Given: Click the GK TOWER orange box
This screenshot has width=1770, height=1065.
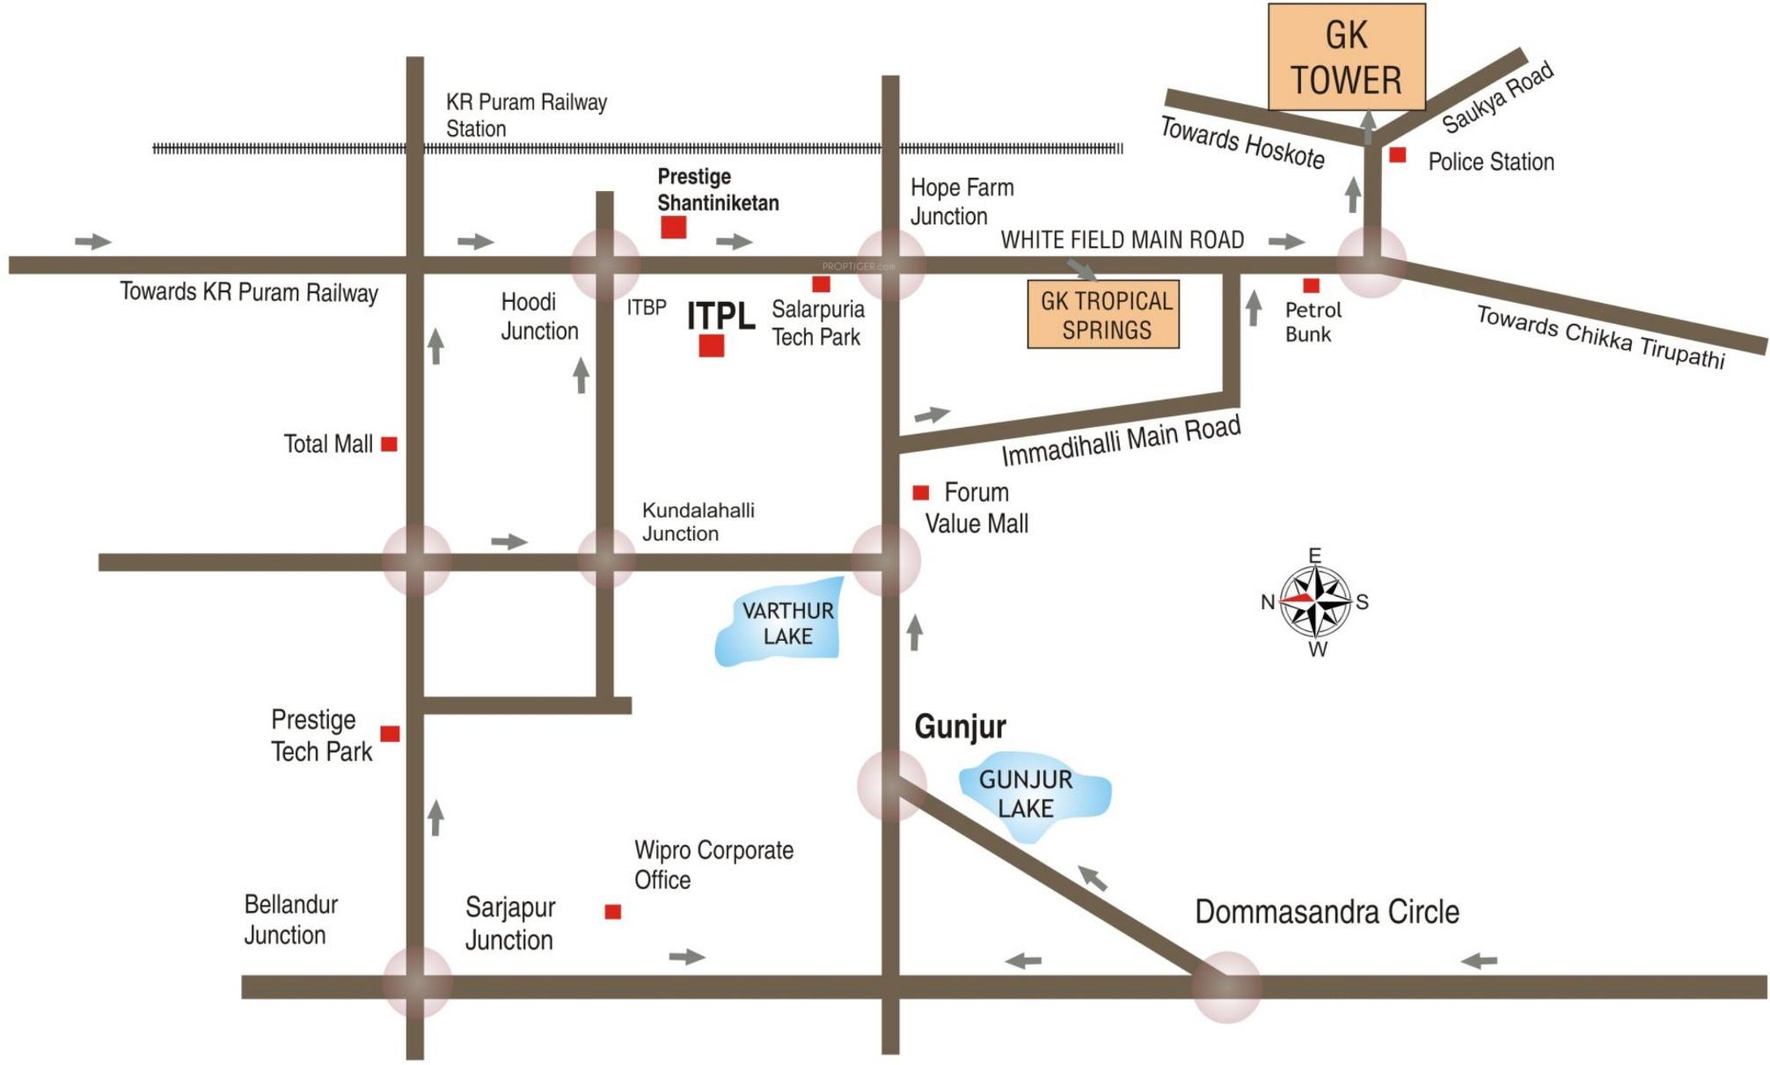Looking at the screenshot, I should point(1346,57).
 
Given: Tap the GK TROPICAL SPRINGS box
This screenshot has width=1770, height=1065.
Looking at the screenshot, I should point(1103,315).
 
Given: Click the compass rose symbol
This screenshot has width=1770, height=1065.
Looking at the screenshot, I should point(1315,602).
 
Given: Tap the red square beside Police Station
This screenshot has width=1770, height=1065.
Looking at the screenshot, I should point(1397,156).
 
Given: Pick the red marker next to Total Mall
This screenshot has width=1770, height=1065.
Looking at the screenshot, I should point(389,444).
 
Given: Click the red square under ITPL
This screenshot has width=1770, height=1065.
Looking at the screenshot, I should point(712,346).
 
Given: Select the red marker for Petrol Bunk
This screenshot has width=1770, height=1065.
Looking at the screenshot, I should point(1311,285).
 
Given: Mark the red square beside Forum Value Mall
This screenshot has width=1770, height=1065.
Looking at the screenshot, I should point(921,493).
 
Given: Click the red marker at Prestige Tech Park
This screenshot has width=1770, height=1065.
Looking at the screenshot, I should point(390,734).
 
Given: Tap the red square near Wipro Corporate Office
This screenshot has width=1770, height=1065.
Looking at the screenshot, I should point(613,912).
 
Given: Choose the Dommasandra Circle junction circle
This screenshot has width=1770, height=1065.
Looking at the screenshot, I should point(1226,987).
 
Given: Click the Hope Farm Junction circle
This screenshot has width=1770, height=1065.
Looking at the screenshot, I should point(890,265).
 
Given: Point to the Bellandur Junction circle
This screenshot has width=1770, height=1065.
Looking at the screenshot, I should point(417,983).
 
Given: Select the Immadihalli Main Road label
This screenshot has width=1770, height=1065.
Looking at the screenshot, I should point(1121,441).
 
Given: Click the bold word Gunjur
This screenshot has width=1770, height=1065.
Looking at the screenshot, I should point(960,727).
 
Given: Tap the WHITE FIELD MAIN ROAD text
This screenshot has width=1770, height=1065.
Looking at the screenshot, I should point(1122,239).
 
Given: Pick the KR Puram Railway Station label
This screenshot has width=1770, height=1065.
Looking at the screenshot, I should point(525,115).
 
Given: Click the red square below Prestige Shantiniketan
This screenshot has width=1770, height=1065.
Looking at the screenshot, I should point(674,227).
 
